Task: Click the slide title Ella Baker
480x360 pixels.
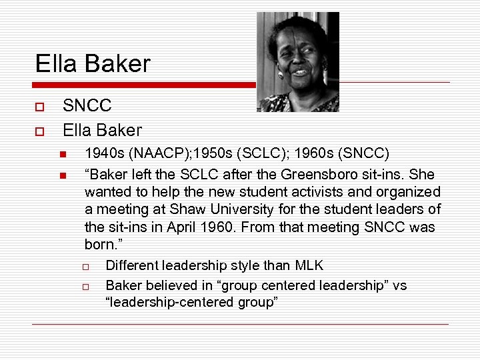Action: pyautogui.click(x=93, y=64)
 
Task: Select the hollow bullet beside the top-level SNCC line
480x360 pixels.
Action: pyautogui.click(x=40, y=107)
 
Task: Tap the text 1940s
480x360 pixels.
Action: pyautogui.click(x=105, y=154)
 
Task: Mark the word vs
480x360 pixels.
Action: pyautogui.click(x=399, y=285)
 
